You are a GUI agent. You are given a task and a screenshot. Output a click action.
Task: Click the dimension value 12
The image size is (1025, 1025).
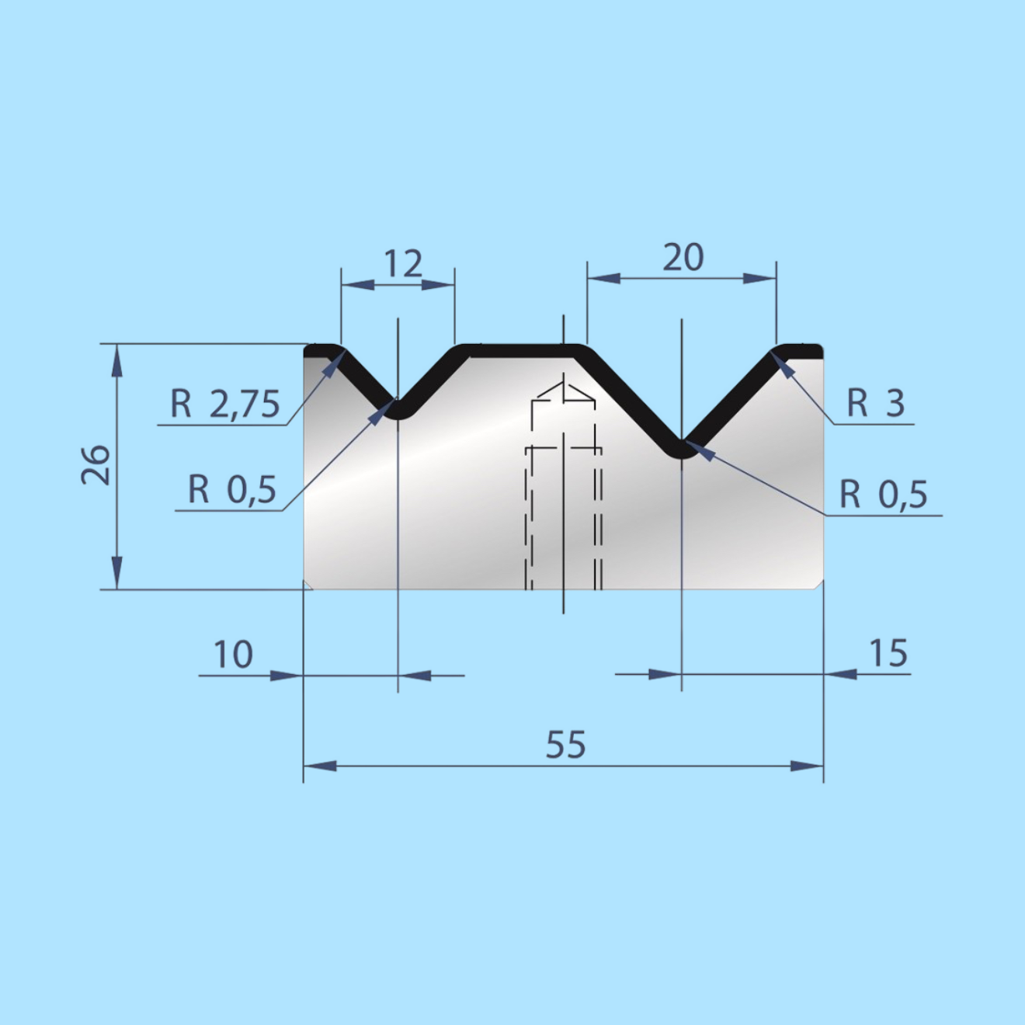click(403, 263)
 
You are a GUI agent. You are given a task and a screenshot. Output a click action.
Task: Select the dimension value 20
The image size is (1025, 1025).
click(683, 258)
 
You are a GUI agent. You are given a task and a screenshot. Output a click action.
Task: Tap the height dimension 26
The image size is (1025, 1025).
click(96, 465)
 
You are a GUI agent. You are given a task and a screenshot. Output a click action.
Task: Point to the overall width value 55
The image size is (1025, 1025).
click(565, 745)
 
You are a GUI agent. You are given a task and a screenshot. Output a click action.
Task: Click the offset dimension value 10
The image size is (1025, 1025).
click(233, 655)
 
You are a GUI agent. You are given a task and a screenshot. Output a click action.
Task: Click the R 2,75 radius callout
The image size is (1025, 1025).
click(224, 404)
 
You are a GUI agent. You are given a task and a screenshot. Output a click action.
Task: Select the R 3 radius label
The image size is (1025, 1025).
click(876, 403)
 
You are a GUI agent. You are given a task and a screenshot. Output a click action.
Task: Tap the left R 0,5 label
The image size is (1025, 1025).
click(232, 489)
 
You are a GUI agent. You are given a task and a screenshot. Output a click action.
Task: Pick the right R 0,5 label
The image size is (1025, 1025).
click(884, 494)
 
